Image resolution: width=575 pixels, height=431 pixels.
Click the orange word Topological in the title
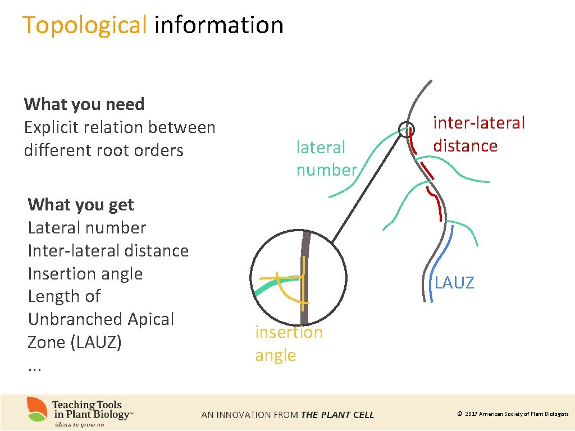tap(84, 25)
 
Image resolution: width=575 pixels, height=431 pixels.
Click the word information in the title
tap(218, 25)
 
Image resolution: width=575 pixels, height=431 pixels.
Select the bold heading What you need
tap(84, 104)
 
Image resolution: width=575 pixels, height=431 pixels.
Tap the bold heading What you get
tap(81, 205)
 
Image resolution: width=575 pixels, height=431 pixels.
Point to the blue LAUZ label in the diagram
tap(454, 283)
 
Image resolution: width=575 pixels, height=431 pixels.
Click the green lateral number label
tap(326, 158)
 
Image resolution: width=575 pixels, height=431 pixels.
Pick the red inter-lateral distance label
tap(478, 134)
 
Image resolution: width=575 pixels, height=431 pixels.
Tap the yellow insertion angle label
tap(289, 343)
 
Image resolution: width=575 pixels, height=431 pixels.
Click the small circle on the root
tap(406, 130)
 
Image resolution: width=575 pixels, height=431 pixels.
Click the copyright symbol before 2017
tap(459, 414)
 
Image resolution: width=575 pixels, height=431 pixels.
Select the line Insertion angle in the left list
tap(85, 274)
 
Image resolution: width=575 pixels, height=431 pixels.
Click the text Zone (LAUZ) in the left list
tap(75, 342)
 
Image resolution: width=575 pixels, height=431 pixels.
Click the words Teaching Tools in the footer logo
tap(87, 405)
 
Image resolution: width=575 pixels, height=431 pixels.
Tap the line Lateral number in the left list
tap(86, 228)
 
